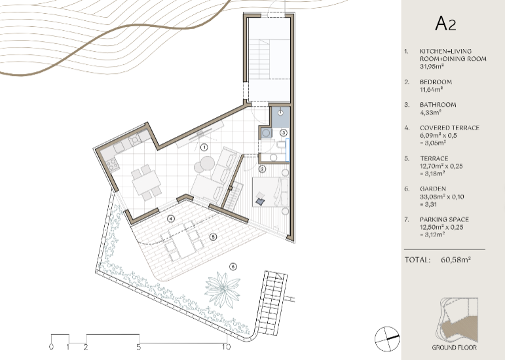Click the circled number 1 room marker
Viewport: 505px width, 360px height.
click(204, 147)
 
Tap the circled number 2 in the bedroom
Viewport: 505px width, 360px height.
click(263, 169)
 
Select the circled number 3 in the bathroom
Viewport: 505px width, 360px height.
click(284, 132)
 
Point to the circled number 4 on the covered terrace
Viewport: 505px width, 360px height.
click(171, 219)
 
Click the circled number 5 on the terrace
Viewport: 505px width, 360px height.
click(214, 237)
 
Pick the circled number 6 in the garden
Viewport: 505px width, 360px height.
click(233, 266)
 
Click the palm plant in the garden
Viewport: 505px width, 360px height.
click(223, 289)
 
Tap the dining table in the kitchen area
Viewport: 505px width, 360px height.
click(146, 183)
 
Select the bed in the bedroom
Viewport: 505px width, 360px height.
click(270, 192)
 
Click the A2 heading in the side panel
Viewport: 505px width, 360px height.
click(445, 24)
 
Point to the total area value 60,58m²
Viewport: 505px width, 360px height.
click(456, 260)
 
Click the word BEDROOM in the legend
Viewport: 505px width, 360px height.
click(436, 82)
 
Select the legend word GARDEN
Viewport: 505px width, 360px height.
click(433, 189)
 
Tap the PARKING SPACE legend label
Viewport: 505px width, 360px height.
click(444, 219)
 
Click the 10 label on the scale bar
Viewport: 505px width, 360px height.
click(226, 347)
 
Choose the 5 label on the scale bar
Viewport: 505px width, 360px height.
click(138, 347)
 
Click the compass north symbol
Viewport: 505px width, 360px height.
click(387, 339)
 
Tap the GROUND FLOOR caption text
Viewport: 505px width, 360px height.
click(454, 348)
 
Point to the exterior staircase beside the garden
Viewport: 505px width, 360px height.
click(271, 303)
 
